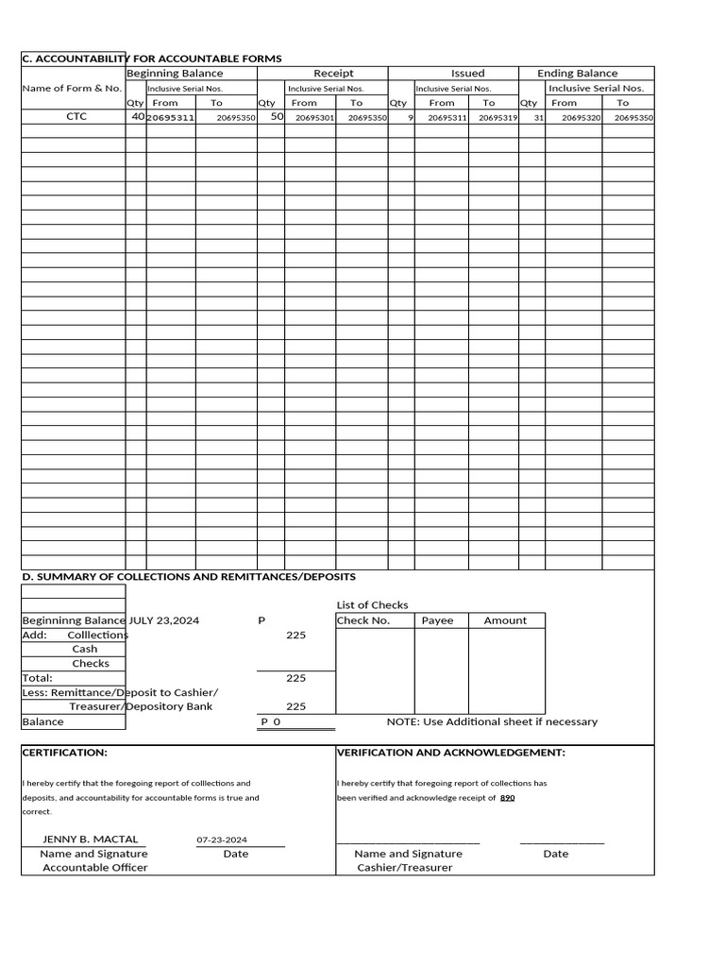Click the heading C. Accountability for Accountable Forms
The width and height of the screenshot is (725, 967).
pos(152,59)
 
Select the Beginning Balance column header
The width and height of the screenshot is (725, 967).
pos(175,74)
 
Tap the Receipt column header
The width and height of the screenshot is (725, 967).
pos(333,74)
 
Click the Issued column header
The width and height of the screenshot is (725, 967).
pos(467,74)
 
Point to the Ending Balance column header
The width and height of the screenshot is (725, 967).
pos(578,74)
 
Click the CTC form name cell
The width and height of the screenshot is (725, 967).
pos(76,118)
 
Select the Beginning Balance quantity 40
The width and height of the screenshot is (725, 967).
pos(138,117)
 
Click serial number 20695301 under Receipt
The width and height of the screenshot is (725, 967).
pos(314,118)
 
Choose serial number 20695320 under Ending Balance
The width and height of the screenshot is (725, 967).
pos(581,118)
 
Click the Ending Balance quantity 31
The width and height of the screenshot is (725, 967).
pos(538,118)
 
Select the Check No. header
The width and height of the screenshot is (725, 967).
pos(363,620)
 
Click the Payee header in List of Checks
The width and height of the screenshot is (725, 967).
pos(437,620)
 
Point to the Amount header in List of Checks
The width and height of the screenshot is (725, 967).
pos(505,620)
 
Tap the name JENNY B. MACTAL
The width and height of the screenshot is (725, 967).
pos(91,839)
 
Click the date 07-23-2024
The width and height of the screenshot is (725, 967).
pos(222,840)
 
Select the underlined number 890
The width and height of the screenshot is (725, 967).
pos(507,798)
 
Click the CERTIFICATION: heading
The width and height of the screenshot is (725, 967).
pos(65,753)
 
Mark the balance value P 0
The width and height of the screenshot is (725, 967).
pos(271,722)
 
